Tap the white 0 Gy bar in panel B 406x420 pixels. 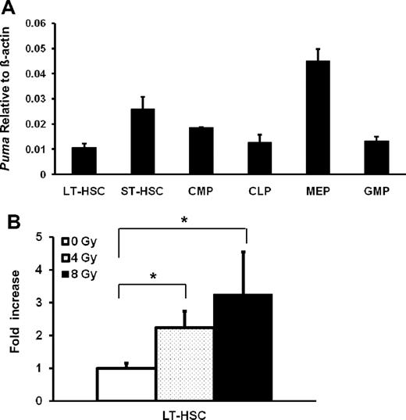coord(126,384)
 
